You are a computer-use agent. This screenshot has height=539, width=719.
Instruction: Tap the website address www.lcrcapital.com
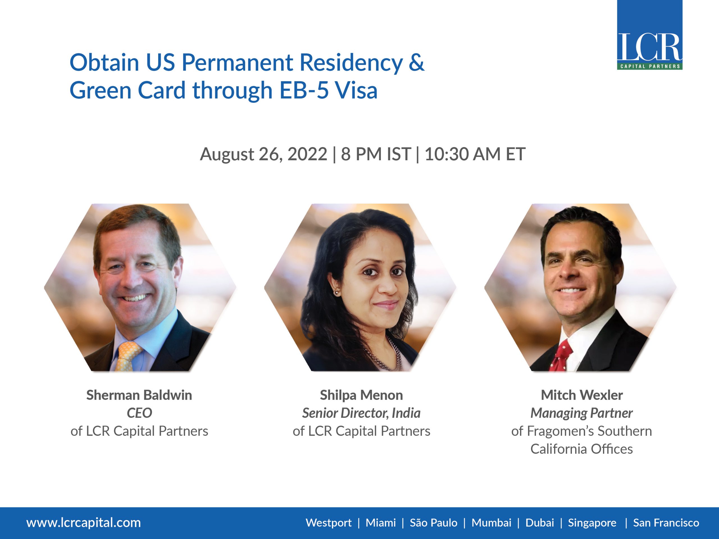(x=83, y=523)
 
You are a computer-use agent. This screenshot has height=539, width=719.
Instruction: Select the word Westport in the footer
(x=328, y=523)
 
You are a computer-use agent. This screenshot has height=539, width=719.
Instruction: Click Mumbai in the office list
(x=491, y=523)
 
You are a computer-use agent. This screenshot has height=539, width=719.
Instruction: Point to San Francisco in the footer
(x=666, y=523)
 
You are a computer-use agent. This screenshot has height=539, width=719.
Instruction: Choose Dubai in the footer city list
(x=540, y=523)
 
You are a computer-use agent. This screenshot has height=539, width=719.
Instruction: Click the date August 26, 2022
(x=263, y=154)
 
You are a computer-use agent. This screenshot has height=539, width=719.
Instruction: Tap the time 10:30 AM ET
(x=475, y=154)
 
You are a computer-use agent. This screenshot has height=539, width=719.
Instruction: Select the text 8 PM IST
(x=376, y=154)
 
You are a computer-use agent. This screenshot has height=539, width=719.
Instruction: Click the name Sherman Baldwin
(x=139, y=395)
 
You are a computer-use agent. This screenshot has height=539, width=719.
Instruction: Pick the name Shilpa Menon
(x=361, y=395)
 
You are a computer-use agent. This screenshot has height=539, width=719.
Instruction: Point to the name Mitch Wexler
(x=581, y=395)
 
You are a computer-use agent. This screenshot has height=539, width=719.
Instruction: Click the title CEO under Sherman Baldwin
(x=139, y=413)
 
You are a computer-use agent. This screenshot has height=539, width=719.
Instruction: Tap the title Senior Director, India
(x=361, y=413)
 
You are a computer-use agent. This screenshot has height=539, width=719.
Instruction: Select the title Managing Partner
(x=581, y=413)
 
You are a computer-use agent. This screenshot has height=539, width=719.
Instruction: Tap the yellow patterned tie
(x=128, y=355)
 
